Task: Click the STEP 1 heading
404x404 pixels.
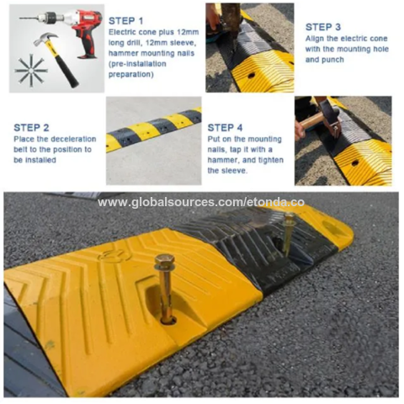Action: pyautogui.click(x=125, y=21)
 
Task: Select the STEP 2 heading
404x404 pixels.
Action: pyautogui.click(x=31, y=128)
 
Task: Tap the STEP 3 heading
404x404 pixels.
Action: pyautogui.click(x=323, y=27)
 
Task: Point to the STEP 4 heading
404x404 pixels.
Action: pyautogui.click(x=225, y=128)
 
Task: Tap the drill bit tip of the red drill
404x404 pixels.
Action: pyautogui.click(x=20, y=19)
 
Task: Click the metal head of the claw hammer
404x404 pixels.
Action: pyautogui.click(x=45, y=39)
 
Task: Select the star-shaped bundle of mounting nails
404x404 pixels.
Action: pyautogui.click(x=30, y=69)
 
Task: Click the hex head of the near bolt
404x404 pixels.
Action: pyautogui.click(x=164, y=258)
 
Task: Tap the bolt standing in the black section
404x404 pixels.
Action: pyautogui.click(x=288, y=234)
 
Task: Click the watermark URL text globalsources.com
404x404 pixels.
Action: pyautogui.click(x=201, y=202)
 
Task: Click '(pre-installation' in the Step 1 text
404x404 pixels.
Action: pyautogui.click(x=137, y=64)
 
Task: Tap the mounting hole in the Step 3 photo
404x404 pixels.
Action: pyautogui.click(x=251, y=76)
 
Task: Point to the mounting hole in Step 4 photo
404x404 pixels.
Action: pyautogui.click(x=355, y=163)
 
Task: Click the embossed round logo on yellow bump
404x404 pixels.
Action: pyautogui.click(x=112, y=255)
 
